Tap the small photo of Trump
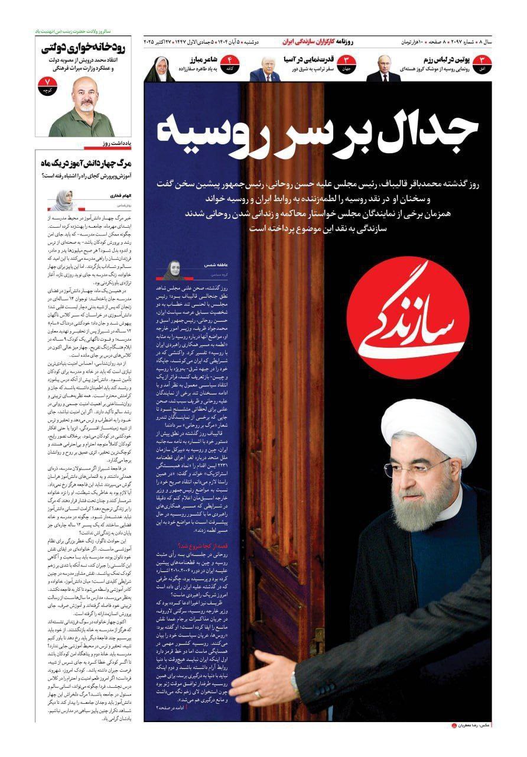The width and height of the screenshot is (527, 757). [x=263, y=69]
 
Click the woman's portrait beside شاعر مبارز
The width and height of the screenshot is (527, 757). [x=158, y=69]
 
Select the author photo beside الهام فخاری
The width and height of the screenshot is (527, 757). [x=61, y=200]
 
